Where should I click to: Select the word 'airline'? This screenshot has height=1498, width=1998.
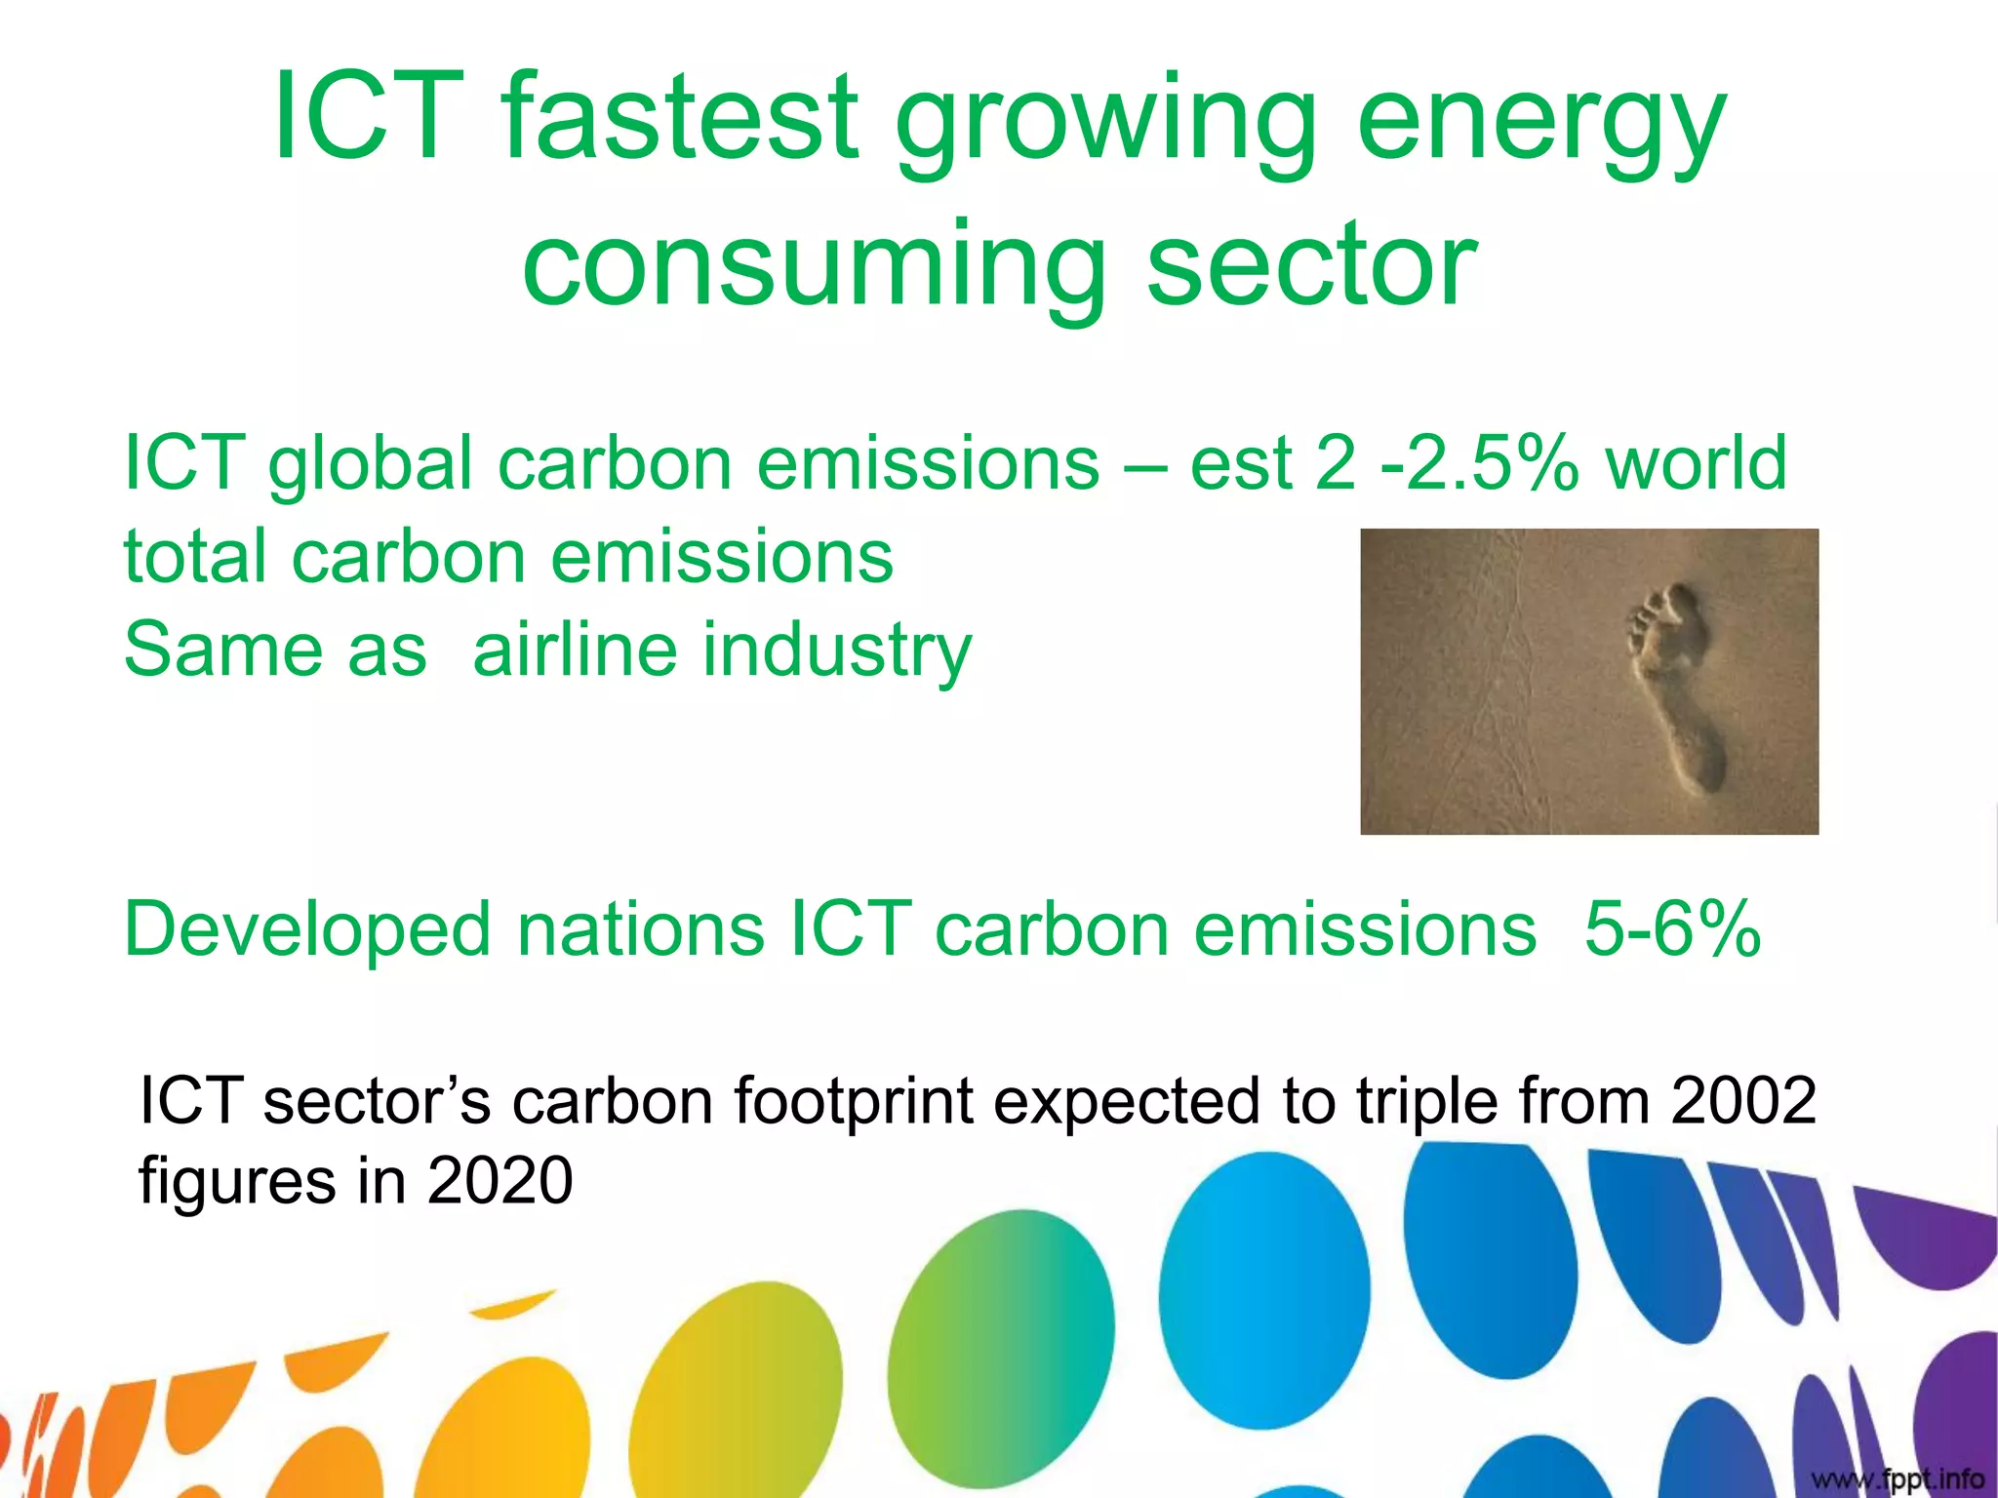(574, 650)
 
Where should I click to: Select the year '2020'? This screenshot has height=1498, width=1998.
(499, 1181)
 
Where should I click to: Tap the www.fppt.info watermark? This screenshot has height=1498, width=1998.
(1898, 1479)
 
